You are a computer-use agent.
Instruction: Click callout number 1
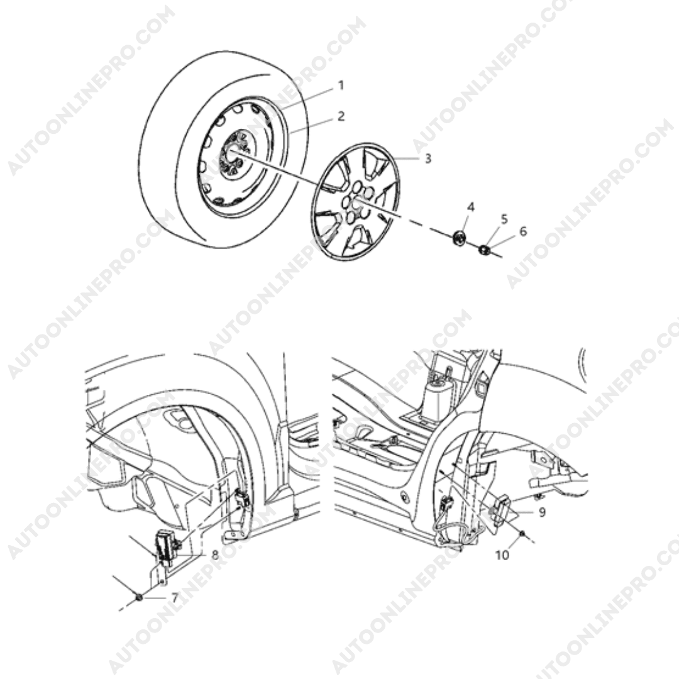point(341,86)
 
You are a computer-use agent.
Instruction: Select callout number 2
point(341,116)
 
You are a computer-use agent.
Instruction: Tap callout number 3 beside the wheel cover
point(428,158)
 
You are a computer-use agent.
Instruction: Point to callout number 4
point(471,207)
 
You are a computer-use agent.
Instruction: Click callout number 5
point(504,219)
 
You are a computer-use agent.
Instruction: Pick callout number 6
point(523,231)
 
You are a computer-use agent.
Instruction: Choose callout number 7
point(175,598)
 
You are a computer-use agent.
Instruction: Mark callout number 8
point(215,555)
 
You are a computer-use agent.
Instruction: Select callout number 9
point(542,513)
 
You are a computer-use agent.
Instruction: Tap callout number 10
point(502,555)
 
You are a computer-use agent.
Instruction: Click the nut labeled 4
point(458,238)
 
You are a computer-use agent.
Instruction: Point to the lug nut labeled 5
point(483,250)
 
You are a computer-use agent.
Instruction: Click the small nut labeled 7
point(139,598)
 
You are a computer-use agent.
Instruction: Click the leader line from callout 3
point(406,158)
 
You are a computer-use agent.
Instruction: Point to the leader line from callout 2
point(312,124)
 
